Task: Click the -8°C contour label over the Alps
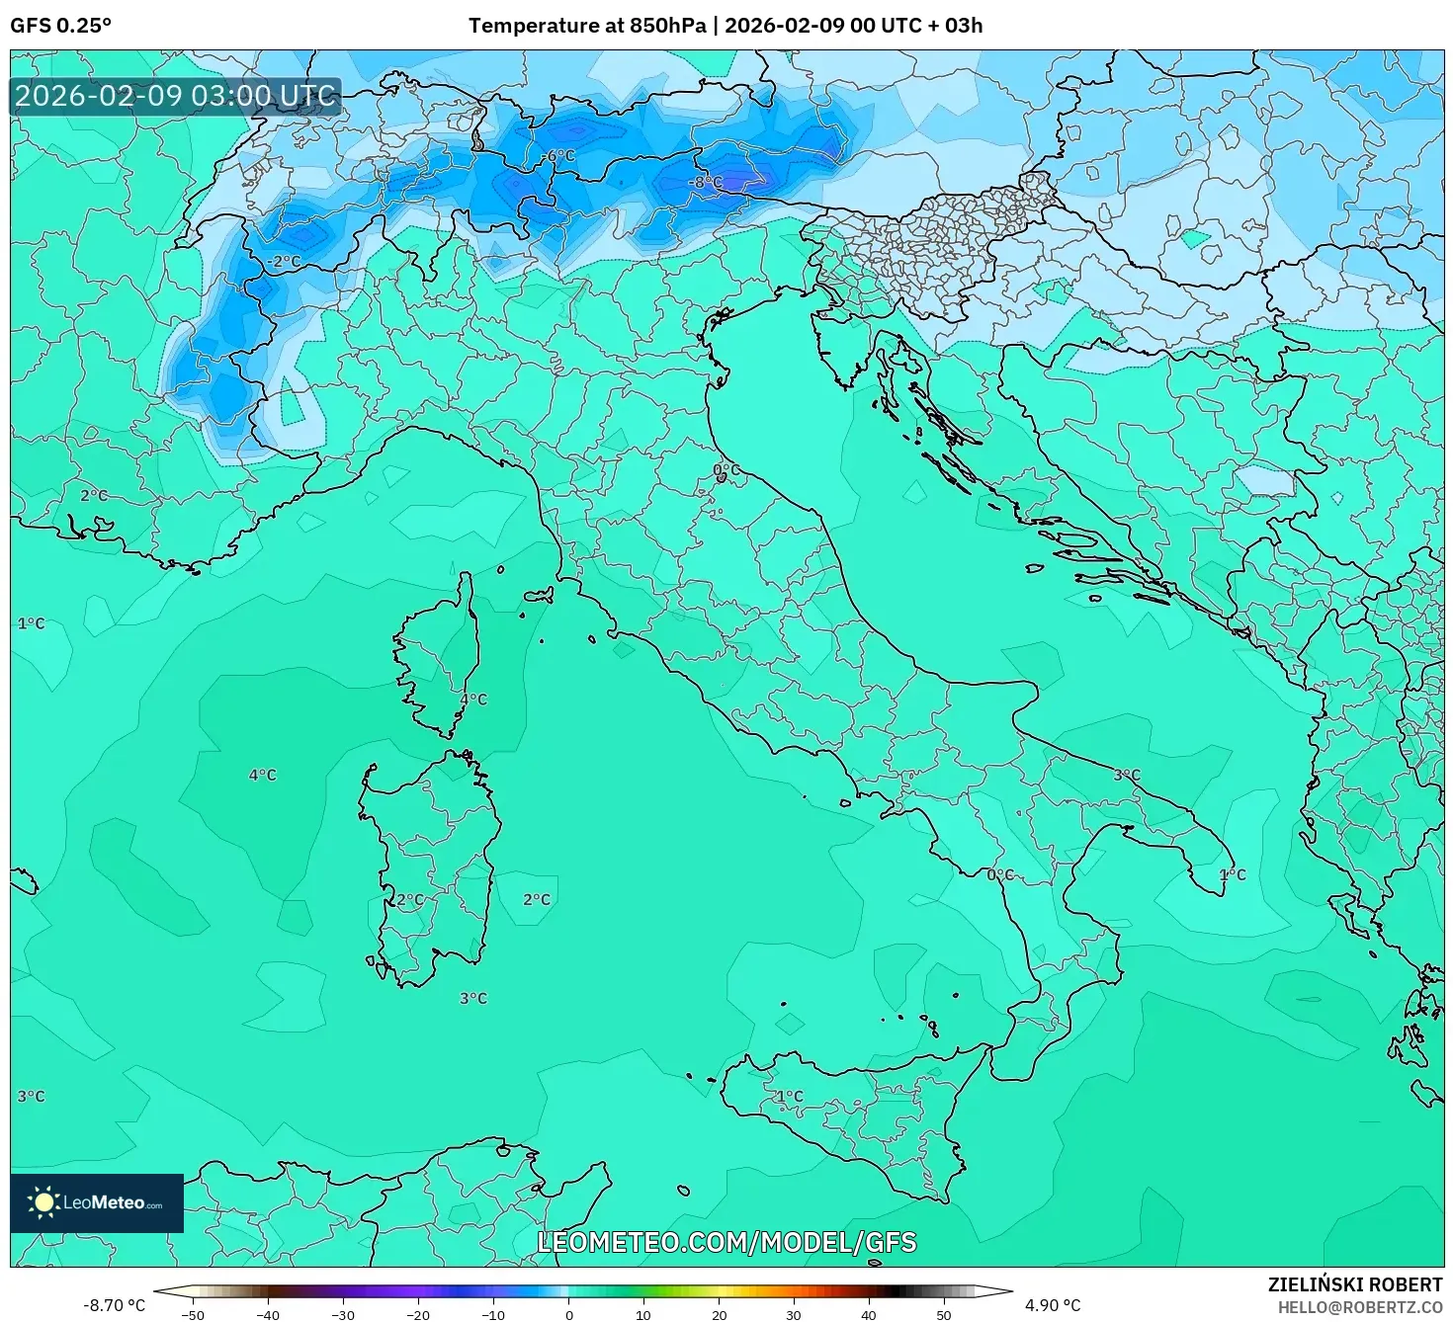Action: tap(707, 183)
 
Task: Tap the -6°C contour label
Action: tap(559, 156)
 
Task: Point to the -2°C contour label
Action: tap(284, 262)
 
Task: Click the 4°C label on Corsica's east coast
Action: tap(473, 700)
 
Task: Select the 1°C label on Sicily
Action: tap(789, 1096)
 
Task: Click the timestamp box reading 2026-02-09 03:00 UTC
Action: tap(176, 96)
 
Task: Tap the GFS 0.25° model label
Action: tap(60, 26)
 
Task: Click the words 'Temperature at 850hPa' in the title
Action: tap(587, 26)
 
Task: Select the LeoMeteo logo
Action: tap(97, 1202)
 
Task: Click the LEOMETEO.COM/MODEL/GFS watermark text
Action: tap(726, 1242)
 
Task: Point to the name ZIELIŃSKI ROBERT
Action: tap(1354, 1284)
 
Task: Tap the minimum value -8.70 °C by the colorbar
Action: tap(113, 1305)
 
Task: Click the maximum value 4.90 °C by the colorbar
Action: tap(1053, 1305)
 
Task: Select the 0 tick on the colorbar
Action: tap(568, 1315)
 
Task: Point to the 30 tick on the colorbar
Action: tap(795, 1315)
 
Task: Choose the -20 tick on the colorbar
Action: tap(418, 1315)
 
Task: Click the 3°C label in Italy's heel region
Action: tap(1127, 776)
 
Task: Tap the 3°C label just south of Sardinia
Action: tap(473, 999)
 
